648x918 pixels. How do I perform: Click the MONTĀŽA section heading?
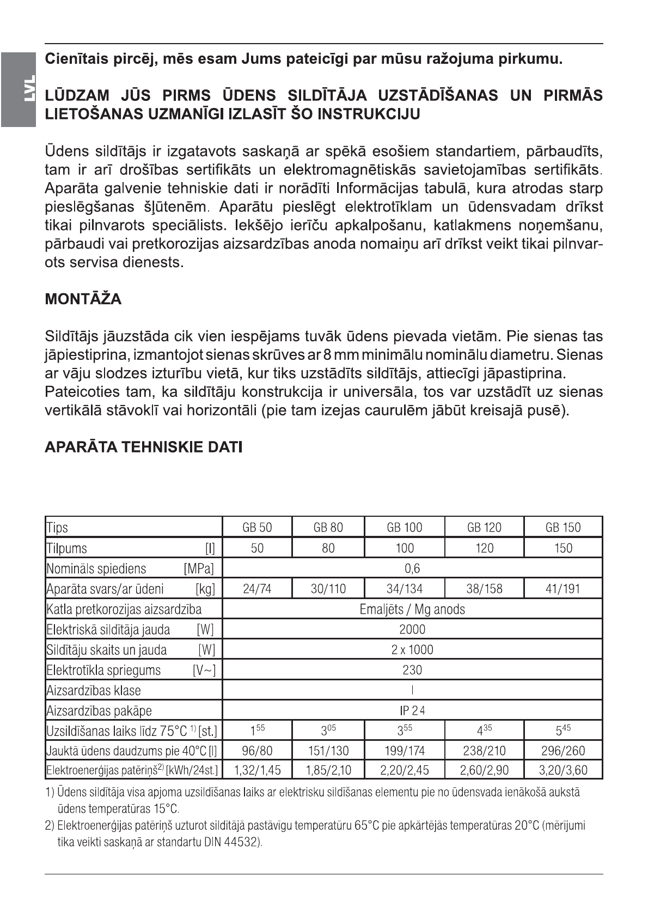83,299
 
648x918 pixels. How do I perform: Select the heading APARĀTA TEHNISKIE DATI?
143,448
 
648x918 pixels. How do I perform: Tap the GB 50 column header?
257,527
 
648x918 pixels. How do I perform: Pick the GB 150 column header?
563,527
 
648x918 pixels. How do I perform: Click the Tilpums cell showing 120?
484,548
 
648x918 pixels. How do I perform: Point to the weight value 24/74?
257,589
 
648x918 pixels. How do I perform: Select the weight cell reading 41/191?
563,589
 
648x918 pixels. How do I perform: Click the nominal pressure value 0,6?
412,569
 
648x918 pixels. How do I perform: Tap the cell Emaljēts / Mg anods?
412,609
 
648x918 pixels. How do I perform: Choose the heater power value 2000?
412,630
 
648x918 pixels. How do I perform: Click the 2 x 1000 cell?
412,650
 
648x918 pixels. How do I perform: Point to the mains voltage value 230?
412,670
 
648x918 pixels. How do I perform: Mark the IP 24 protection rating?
412,710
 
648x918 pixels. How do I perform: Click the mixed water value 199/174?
405,751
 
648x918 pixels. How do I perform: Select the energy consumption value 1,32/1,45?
257,770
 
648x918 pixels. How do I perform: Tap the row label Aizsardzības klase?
94,691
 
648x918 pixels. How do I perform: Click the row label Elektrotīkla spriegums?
103,670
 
